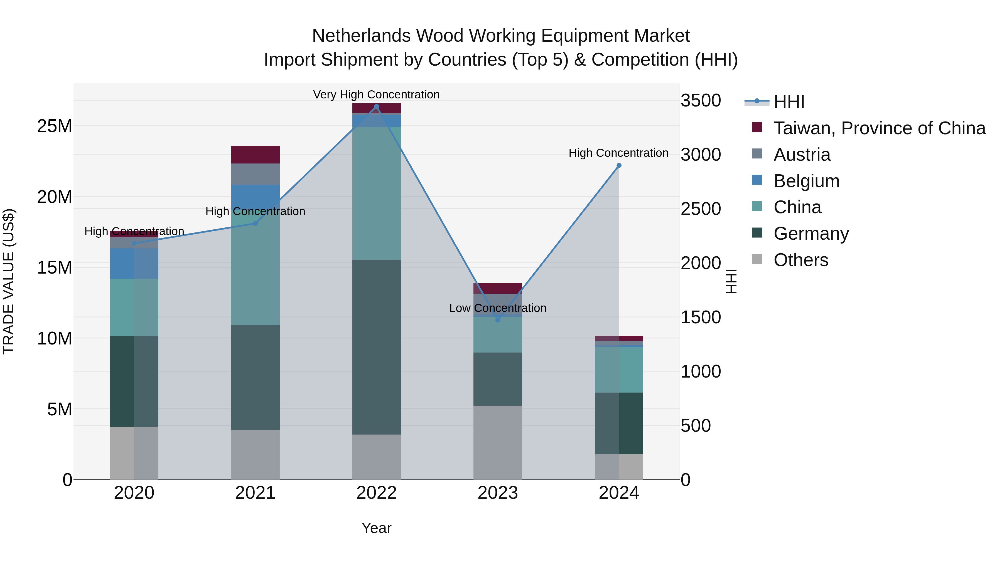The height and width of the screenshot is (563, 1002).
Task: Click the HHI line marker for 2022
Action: [376, 106]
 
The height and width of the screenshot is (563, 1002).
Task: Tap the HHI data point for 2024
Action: [619, 165]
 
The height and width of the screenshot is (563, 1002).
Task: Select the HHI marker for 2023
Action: [497, 320]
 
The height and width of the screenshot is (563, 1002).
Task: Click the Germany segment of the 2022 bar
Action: [376, 347]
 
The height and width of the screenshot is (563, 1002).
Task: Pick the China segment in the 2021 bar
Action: [255, 272]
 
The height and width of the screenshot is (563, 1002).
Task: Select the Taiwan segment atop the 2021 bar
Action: [255, 155]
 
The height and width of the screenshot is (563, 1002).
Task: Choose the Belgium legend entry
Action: [806, 181]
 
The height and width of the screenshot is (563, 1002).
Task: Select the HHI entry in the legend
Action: [789, 102]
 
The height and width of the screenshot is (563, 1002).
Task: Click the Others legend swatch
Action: [757, 259]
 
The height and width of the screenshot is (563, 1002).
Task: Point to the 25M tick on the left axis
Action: [55, 126]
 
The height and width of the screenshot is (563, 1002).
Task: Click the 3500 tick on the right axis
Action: [701, 101]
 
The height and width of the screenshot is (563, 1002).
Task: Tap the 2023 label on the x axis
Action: [497, 493]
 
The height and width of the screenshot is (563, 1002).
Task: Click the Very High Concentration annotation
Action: [376, 95]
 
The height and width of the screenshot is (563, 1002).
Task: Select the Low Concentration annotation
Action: [497, 308]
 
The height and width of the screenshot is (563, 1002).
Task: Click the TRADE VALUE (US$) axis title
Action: [9, 281]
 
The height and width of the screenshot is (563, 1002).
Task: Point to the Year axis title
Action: [376, 528]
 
